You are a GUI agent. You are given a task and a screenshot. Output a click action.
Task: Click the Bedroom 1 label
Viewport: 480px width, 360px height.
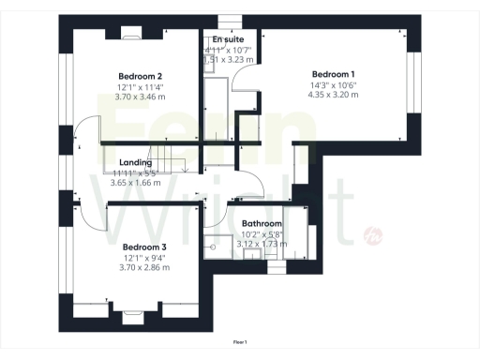click(x=333, y=74)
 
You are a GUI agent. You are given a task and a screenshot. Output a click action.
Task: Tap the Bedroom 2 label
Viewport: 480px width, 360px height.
click(x=141, y=76)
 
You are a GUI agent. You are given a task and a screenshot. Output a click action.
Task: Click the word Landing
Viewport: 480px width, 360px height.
click(x=136, y=162)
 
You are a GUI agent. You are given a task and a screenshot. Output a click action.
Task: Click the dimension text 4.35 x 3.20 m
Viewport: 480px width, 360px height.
click(x=333, y=95)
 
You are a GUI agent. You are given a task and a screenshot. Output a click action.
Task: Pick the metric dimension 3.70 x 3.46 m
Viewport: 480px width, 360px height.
click(x=141, y=97)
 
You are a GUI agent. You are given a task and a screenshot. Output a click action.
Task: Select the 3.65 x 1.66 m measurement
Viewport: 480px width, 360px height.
click(x=136, y=182)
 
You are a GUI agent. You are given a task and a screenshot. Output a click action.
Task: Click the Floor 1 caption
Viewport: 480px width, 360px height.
click(x=240, y=342)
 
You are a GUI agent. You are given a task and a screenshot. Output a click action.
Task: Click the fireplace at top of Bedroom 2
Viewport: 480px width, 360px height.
click(x=130, y=32)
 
